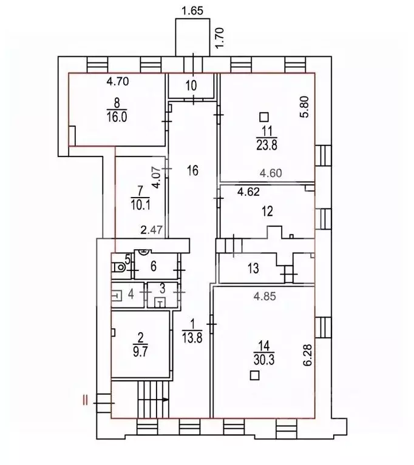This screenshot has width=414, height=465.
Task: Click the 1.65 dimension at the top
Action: point(192,10)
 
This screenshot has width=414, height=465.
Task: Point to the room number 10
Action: point(191,85)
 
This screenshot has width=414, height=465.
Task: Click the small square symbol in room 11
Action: point(263,116)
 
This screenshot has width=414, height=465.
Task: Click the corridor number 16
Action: point(192,170)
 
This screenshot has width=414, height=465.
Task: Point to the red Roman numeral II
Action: point(86,400)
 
